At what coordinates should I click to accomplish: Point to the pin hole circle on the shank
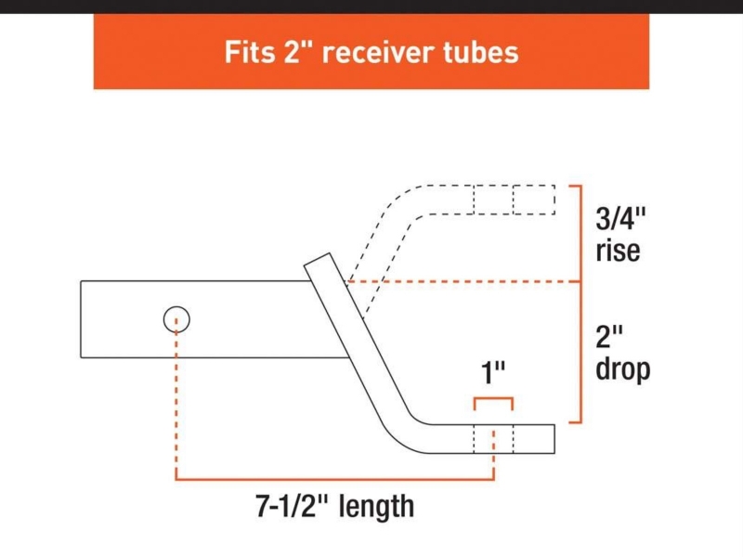176,320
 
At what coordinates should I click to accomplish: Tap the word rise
618,251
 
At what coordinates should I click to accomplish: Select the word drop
621,369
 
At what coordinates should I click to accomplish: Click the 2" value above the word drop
608,335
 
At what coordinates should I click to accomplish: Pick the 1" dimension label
492,375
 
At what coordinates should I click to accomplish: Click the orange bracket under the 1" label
493,400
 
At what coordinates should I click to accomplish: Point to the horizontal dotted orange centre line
464,280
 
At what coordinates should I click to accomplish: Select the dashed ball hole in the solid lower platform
493,439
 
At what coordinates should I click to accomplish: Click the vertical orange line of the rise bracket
581,232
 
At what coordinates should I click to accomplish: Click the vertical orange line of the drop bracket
581,353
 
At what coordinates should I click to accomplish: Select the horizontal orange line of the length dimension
334,479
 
